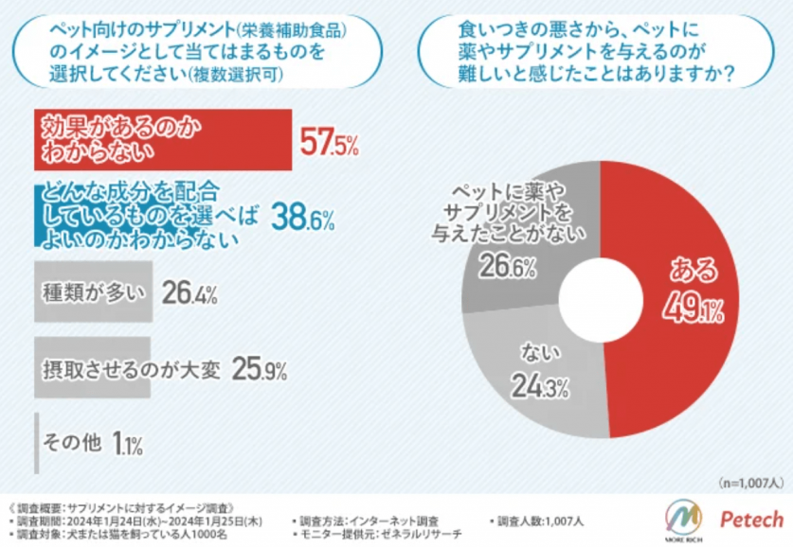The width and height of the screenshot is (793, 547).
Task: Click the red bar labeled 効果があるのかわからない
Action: (x=162, y=138)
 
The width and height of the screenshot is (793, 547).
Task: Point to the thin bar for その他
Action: (x=37, y=441)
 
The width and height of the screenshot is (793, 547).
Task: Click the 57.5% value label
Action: (x=329, y=143)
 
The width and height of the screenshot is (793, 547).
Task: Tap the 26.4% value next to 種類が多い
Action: (x=189, y=293)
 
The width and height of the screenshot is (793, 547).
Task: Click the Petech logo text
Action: (x=751, y=519)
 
